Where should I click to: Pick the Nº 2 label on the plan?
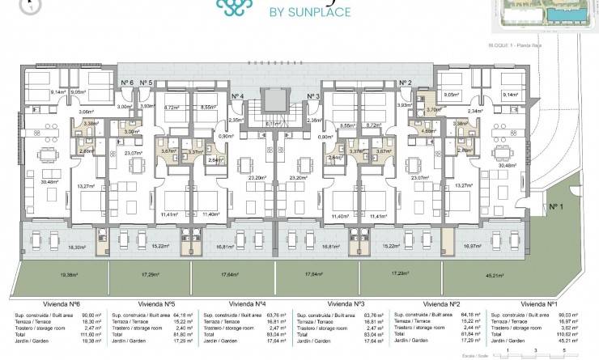tap(406, 83)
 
